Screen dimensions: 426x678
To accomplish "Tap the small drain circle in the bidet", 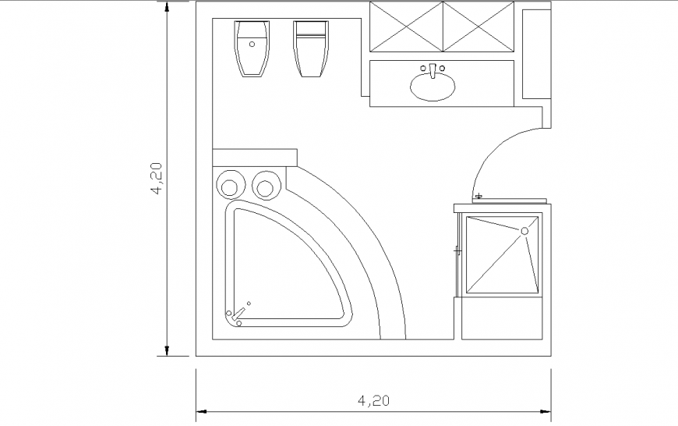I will point(252,44).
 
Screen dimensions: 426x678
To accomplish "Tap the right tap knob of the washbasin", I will point(443,69).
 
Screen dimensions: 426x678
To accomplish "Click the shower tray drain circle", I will point(524,231).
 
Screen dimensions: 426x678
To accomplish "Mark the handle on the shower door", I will point(457,250).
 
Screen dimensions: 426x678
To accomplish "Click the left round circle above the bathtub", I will point(230,186).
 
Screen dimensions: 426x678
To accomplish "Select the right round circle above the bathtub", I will point(265,186).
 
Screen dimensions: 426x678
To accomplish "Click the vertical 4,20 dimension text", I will point(157,178).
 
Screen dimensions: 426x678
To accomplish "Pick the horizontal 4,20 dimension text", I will point(373,401).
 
